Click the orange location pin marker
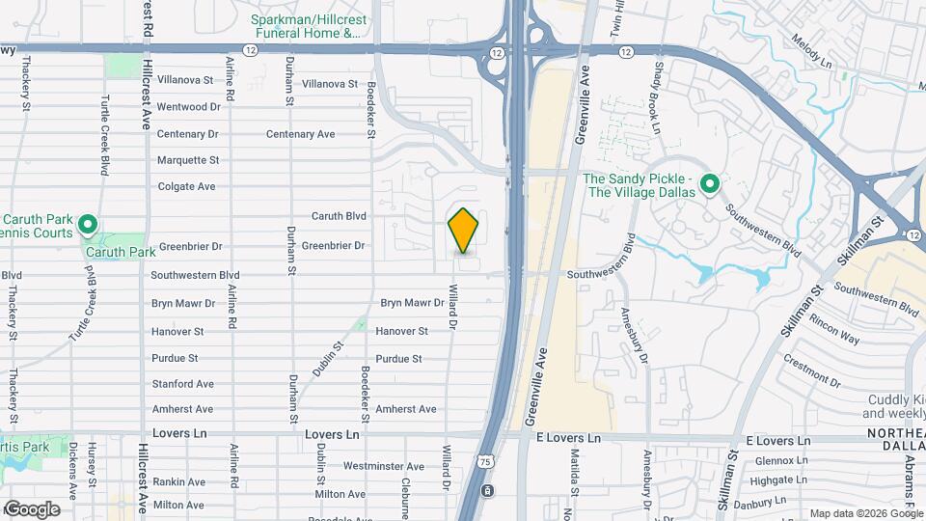[464, 230]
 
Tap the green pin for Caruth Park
[88, 228]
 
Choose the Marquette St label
[188, 160]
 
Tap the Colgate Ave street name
[186, 186]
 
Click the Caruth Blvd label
[339, 216]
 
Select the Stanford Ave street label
[182, 384]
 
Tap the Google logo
[32, 508]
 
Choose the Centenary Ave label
[300, 134]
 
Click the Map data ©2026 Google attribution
[866, 513]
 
